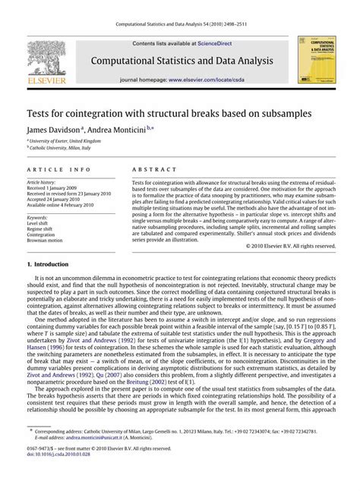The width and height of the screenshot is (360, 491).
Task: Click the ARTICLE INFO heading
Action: (x=54, y=171)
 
